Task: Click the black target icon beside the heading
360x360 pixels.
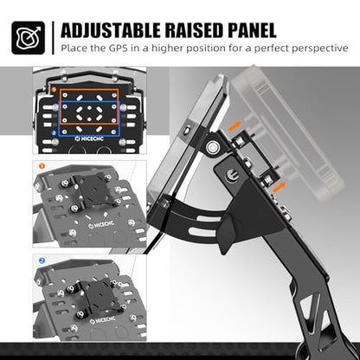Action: [29, 37]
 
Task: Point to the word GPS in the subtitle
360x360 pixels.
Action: [119, 48]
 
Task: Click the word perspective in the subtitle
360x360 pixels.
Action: [320, 48]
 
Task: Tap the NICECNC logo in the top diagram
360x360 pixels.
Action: [89, 139]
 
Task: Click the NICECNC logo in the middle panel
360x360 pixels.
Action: [101, 225]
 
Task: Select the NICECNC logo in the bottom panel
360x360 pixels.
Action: [103, 320]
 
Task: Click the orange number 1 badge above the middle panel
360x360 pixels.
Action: [42, 166]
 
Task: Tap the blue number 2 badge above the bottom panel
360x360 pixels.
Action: [42, 260]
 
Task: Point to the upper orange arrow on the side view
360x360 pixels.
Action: [235, 126]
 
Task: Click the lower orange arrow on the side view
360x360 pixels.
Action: [280, 188]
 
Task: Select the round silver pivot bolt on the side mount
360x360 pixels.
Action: [213, 147]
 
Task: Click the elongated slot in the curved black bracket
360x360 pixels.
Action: [202, 230]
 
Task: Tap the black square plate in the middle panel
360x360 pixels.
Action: [93, 190]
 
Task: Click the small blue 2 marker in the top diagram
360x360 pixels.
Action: [54, 133]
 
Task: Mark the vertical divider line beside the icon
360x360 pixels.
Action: [53, 38]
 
